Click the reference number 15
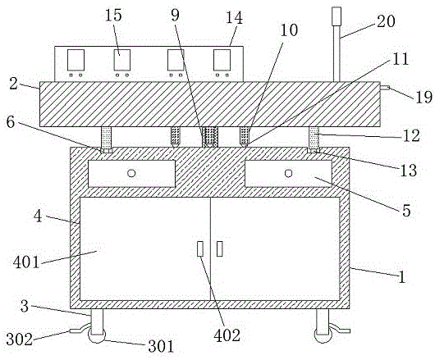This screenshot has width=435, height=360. point(113,16)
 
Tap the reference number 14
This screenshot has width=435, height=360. point(235,18)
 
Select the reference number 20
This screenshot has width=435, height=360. point(385,21)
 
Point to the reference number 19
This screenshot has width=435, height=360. point(424,97)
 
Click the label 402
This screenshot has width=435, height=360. point(227,335)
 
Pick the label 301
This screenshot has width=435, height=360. point(161,346)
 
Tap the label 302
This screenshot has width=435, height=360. point(20,339)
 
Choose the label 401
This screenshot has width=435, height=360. point(26,262)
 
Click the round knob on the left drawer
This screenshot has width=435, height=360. point(131,173)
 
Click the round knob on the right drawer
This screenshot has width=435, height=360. point(288,173)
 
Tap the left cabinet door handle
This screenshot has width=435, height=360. point(199,248)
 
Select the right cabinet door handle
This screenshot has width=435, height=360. point(220,248)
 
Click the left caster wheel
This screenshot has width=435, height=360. point(97,336)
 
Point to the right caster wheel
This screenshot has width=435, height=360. point(323,336)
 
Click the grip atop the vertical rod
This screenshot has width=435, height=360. point(337,16)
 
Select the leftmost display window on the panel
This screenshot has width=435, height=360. point(76,60)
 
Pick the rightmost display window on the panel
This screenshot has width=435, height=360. point(222,60)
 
